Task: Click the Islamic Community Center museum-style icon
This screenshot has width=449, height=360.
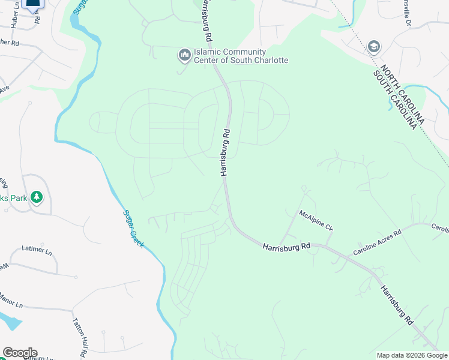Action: click(x=184, y=56)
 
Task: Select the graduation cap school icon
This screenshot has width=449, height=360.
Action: click(x=373, y=47)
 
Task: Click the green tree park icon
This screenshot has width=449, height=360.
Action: click(x=37, y=197)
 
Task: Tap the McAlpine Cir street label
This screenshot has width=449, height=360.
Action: click(x=316, y=220)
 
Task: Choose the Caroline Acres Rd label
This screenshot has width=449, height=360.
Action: click(x=376, y=241)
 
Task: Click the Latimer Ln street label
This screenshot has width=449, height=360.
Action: click(x=34, y=248)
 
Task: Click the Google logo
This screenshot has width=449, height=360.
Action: click(x=19, y=353)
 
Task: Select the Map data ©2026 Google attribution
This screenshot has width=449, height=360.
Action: click(x=412, y=355)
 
